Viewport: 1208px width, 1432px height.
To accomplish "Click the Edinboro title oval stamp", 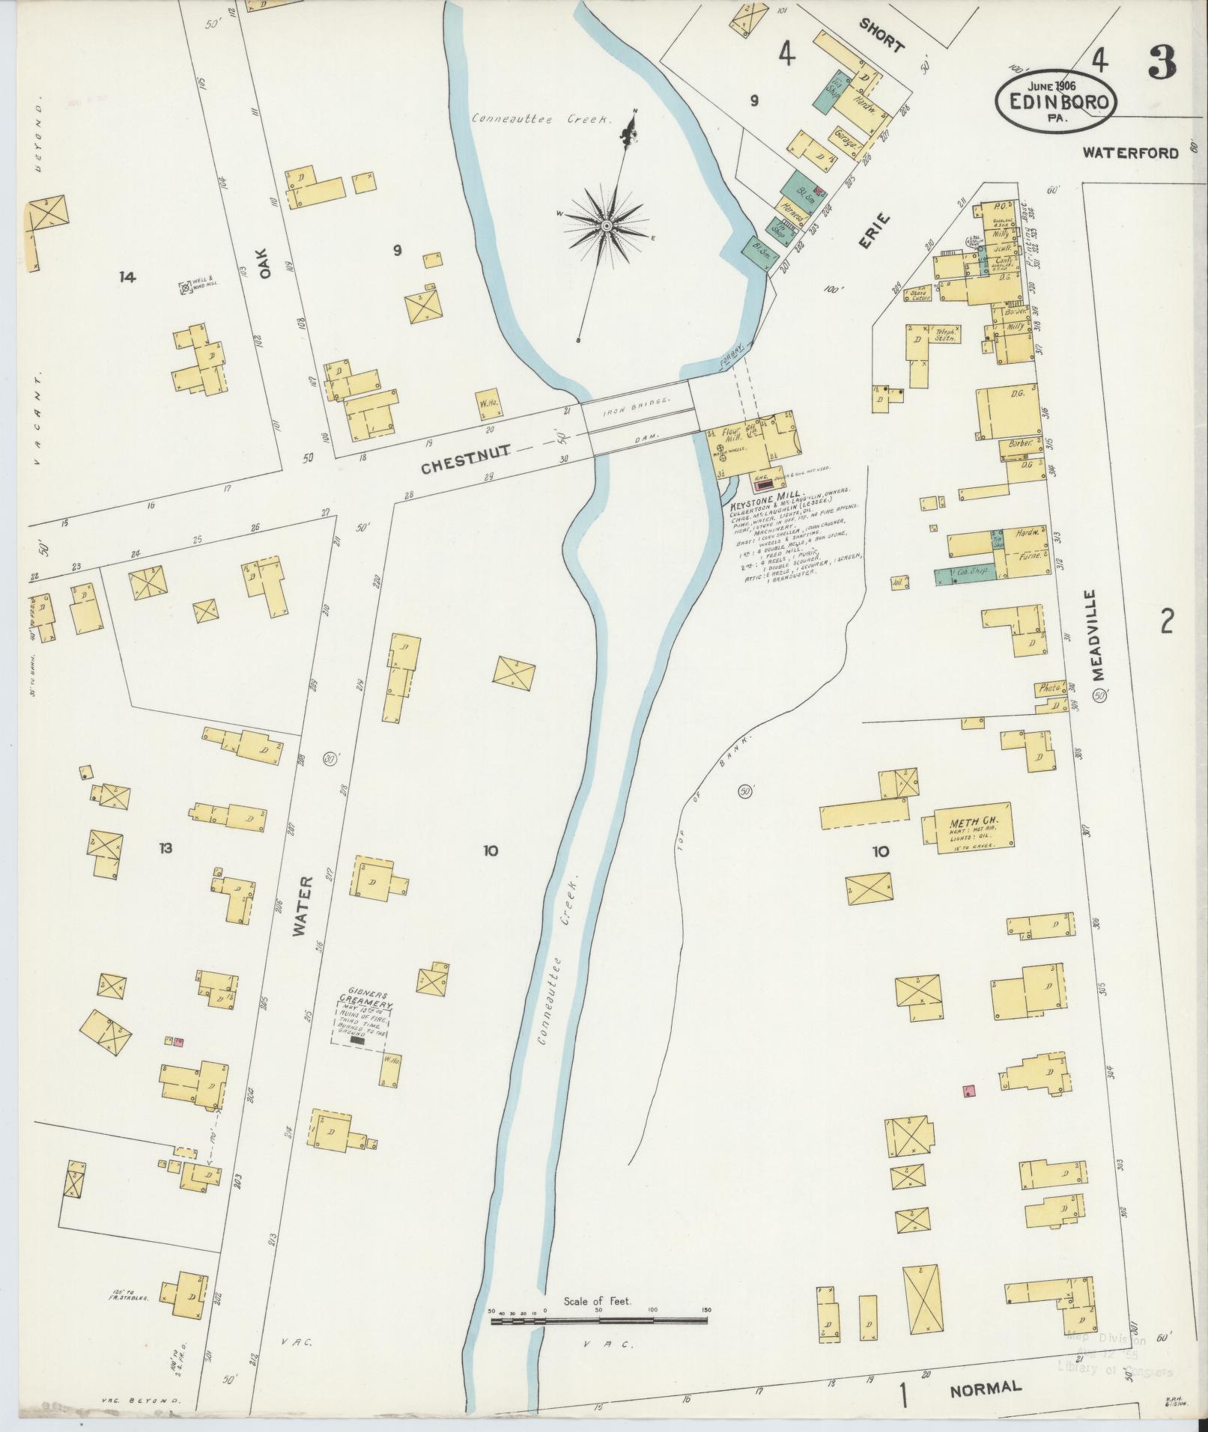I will (x=1055, y=98).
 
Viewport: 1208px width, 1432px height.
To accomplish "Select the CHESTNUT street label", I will (x=465, y=448).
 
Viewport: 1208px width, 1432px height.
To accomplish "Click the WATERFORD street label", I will (x=1130, y=153).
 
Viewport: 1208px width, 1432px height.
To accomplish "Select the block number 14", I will (x=127, y=277).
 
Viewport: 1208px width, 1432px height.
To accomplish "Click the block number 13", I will (x=165, y=848).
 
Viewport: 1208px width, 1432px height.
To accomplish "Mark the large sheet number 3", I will (x=1160, y=62).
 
